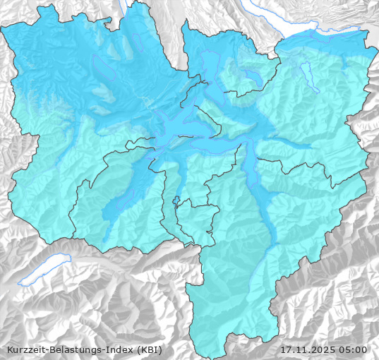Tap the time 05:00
[353, 349]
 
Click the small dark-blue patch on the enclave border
[176, 199]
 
